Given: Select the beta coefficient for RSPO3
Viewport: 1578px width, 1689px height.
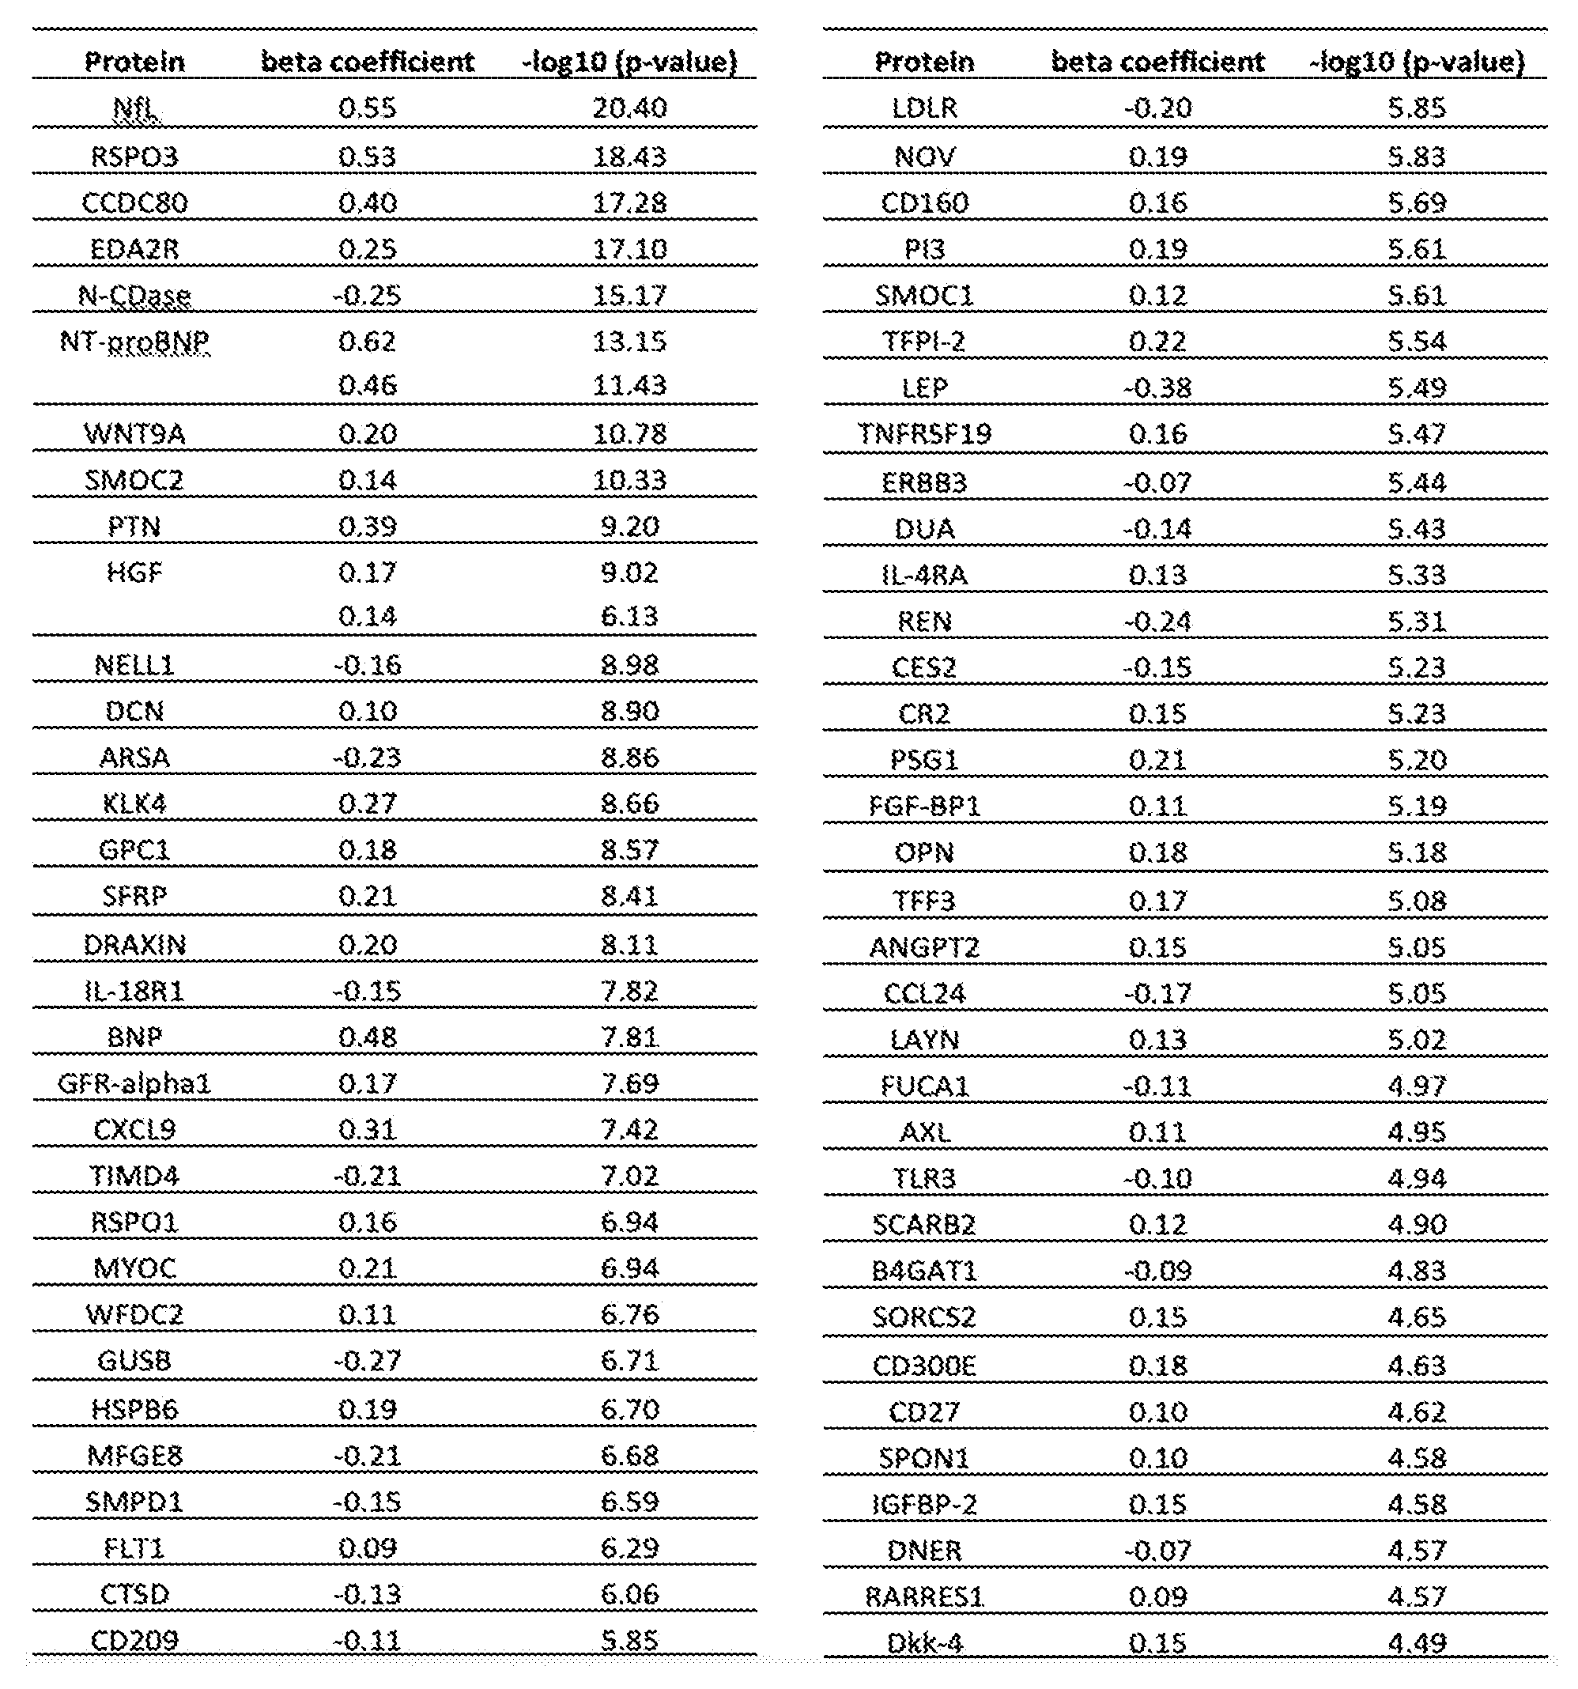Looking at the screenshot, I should tap(367, 157).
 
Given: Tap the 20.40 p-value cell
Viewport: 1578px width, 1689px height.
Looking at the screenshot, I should tap(629, 108).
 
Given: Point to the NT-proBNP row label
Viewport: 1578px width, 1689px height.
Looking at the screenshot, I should tap(134, 342).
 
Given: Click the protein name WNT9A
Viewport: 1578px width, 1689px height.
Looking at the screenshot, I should tap(134, 434).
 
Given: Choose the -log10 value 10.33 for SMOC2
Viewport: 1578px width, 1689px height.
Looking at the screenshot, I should tap(629, 480).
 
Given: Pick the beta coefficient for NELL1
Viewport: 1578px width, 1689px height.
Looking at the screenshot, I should tap(367, 664).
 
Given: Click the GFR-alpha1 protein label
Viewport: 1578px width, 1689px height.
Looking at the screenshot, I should tap(134, 1083).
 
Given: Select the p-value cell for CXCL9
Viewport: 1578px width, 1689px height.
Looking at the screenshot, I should tap(629, 1129).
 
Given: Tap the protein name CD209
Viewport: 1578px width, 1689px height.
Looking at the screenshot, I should tap(134, 1639).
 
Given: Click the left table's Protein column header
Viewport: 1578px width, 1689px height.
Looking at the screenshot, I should tap(134, 61).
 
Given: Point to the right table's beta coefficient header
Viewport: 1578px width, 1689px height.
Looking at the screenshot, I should tap(1157, 61).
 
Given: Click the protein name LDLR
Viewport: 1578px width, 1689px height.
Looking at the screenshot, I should tap(924, 108).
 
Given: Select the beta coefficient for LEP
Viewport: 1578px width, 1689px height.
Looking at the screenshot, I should tap(1157, 387).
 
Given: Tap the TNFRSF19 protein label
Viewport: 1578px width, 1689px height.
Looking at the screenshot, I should tap(924, 434).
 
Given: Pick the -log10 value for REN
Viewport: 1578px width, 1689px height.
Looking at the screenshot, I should tap(1417, 621).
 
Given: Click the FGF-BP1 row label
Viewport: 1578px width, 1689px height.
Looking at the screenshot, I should tap(924, 806).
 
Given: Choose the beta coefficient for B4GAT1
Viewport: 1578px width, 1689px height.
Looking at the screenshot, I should tap(1157, 1270).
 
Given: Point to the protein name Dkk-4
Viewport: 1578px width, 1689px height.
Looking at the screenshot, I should tap(924, 1642).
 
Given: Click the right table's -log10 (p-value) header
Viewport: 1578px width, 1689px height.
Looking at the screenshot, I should tap(1417, 61).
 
